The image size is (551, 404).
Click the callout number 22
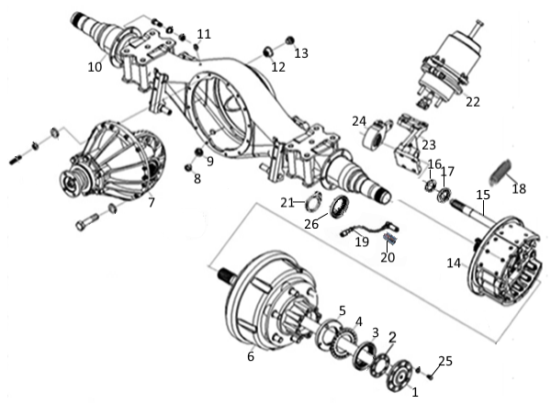[473, 102]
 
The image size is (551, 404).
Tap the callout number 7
[152, 202]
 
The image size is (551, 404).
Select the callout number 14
[454, 263]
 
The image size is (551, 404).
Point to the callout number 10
[95, 67]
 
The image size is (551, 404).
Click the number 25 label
[445, 361]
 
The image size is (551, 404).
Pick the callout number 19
[362, 241]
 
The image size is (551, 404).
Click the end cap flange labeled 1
[399, 376]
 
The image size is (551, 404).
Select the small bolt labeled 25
[431, 377]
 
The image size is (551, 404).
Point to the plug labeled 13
[289, 40]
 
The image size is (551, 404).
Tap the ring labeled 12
[269, 52]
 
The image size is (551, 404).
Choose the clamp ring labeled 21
[314, 201]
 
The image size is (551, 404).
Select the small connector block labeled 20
[389, 238]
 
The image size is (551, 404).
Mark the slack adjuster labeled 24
[377, 134]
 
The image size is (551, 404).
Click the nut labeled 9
[199, 152]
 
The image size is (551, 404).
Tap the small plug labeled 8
[188, 168]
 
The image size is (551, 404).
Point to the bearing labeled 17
[444, 196]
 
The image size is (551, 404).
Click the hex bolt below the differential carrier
[87, 221]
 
